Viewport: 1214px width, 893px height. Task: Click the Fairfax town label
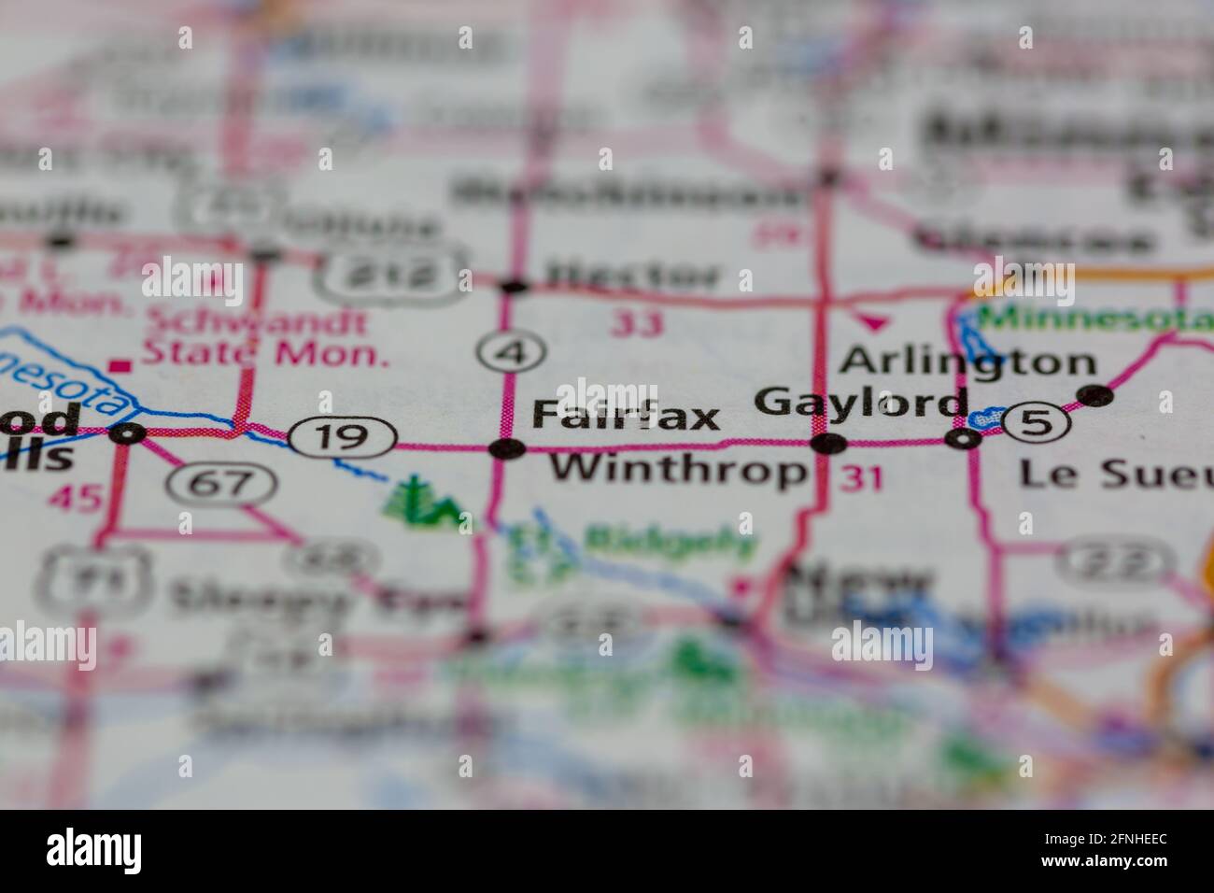pos(626,417)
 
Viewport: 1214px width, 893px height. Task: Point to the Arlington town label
pos(967,361)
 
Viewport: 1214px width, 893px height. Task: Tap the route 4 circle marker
pos(510,352)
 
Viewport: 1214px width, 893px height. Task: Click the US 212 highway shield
pos(392,273)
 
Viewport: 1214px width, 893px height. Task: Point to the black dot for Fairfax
pos(507,449)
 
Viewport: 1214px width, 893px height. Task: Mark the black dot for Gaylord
pos(827,444)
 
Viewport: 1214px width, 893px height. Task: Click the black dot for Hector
pos(513,285)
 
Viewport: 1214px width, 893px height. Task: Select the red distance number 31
pos(861,478)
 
